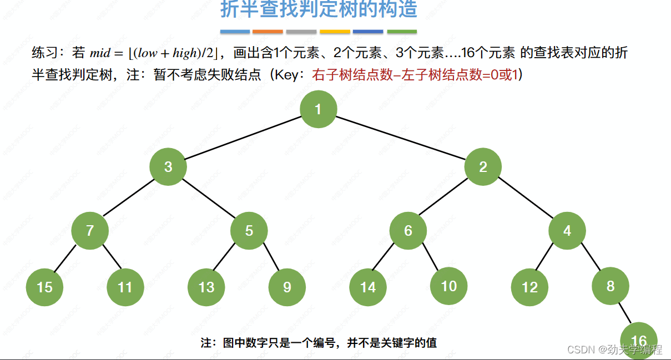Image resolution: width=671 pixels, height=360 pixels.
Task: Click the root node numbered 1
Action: tap(318, 109)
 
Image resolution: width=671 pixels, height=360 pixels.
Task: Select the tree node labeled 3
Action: tap(168, 166)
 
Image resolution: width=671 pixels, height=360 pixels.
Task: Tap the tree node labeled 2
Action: tap(483, 166)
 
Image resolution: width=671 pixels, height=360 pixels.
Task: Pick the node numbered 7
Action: tap(90, 230)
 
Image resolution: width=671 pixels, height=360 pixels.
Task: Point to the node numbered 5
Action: tap(249, 230)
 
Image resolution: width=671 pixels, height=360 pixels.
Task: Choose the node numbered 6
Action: tap(408, 230)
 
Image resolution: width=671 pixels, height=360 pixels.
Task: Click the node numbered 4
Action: tap(567, 230)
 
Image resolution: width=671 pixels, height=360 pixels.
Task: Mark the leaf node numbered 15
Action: tap(44, 287)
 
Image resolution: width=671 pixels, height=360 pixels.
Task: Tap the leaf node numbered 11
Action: tap(125, 287)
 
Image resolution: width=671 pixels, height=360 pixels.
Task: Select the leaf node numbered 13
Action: tap(206, 287)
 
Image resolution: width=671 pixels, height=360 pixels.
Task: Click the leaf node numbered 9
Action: tap(287, 287)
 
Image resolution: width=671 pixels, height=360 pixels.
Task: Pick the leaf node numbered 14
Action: tap(368, 287)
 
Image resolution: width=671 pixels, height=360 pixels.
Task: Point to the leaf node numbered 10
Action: tap(448, 285)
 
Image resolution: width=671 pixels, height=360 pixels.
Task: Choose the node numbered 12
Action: tap(530, 287)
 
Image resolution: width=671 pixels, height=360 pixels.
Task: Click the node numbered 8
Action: tap(611, 285)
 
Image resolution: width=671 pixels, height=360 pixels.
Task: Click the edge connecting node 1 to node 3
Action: tap(243, 138)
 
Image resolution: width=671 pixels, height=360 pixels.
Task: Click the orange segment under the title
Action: tap(268, 32)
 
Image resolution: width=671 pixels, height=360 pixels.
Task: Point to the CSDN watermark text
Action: tap(614, 349)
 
